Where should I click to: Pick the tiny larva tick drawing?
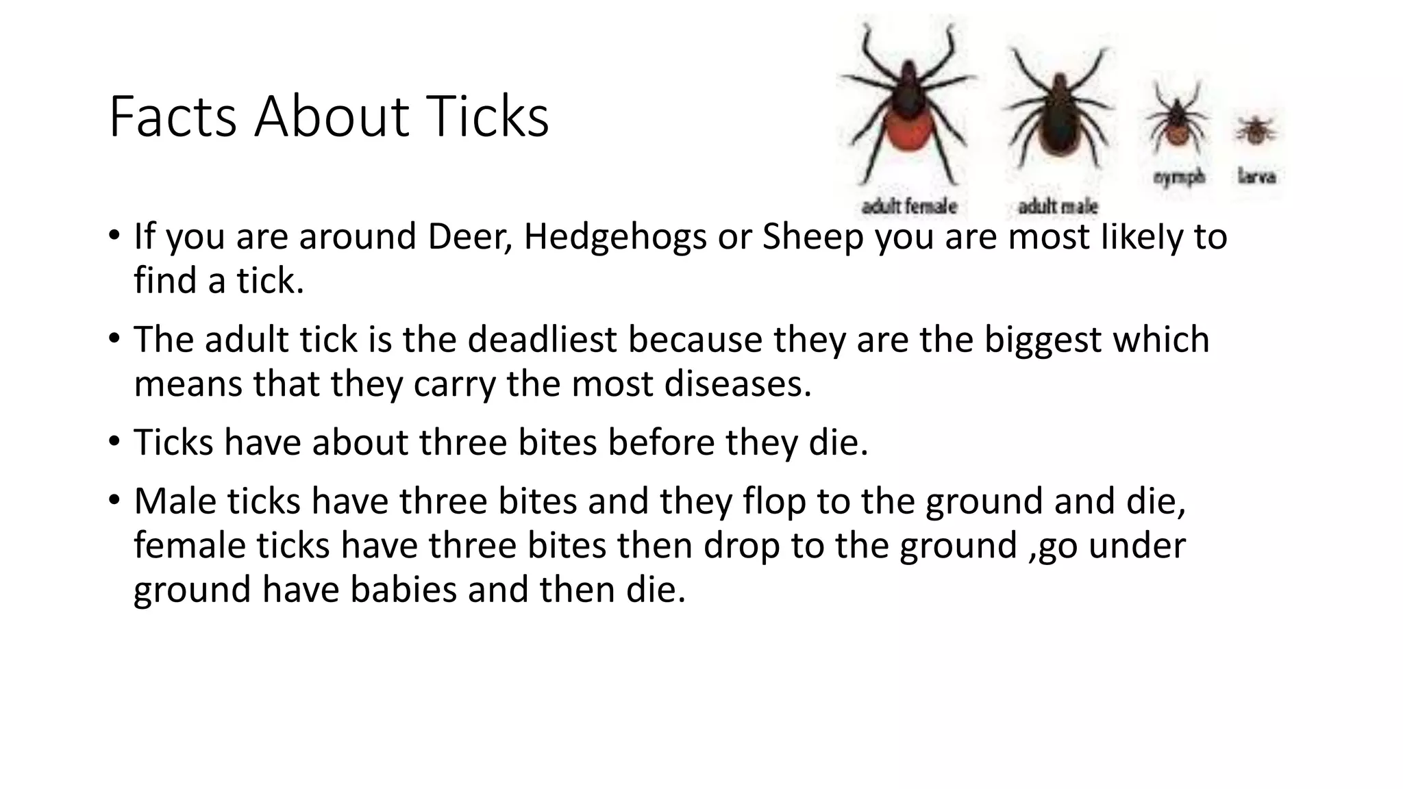point(1256,130)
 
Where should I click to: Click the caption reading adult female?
point(908,205)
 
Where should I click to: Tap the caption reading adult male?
point(1058,205)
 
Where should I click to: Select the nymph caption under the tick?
point(1178,177)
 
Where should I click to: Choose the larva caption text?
point(1256,177)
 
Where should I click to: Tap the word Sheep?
point(812,237)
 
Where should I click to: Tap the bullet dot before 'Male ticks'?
point(114,499)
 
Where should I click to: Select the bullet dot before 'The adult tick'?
point(114,338)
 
